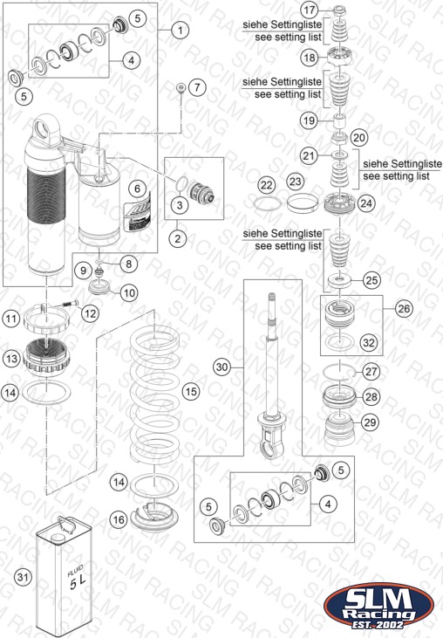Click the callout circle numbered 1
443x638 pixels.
pos(180,30)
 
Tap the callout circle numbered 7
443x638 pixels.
pos(198,87)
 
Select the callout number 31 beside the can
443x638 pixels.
pos(24,577)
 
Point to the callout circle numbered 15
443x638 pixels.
pos(191,391)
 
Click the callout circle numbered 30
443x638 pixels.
pos(221,367)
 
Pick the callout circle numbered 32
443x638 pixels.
pos(369,343)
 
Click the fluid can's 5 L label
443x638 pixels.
pos(77,579)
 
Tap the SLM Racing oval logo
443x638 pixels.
pos(378,606)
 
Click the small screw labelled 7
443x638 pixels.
pos(181,88)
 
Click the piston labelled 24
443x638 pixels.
pos(340,203)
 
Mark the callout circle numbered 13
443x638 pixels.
pos(11,359)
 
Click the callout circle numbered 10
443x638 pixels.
pos(129,292)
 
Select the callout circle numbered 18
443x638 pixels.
pos(310,58)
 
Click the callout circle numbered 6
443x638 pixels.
pos(137,189)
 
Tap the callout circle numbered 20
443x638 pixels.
pos(359,138)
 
